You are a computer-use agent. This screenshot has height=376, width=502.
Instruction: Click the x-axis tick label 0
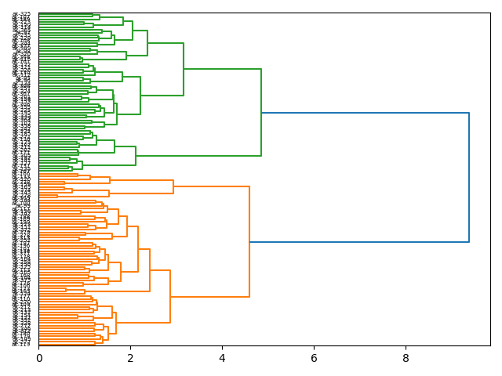[x=38, y=357]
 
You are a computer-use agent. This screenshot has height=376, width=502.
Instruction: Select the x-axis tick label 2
[x=130, y=357]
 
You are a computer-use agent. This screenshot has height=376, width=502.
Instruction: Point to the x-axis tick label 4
[x=222, y=357]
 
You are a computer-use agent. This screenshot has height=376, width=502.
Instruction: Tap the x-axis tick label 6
[x=314, y=357]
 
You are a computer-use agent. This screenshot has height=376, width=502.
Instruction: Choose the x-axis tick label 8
[x=406, y=357]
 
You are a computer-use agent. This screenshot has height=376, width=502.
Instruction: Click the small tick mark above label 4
[x=222, y=347]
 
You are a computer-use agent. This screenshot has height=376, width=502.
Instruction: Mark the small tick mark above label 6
[x=314, y=347]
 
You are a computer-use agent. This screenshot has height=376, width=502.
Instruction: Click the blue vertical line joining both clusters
[x=469, y=178]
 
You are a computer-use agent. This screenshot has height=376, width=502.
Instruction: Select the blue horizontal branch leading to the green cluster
[x=365, y=113]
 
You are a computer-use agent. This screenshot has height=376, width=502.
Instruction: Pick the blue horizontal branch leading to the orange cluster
[x=359, y=242]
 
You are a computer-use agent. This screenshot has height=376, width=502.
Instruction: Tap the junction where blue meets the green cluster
[x=261, y=113]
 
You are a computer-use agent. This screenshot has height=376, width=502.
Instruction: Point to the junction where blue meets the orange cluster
[x=249, y=242]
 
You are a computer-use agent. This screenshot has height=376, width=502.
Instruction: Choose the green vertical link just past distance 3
[x=184, y=69]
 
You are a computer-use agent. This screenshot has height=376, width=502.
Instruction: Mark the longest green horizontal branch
[x=222, y=69]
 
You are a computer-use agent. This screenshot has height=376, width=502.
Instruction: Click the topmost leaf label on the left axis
[x=22, y=14]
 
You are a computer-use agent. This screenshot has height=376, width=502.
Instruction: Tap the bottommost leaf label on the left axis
[x=22, y=344]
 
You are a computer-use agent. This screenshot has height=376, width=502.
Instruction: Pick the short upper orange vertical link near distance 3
[x=173, y=186]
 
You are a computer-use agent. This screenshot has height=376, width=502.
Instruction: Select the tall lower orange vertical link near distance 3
[x=170, y=296]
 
